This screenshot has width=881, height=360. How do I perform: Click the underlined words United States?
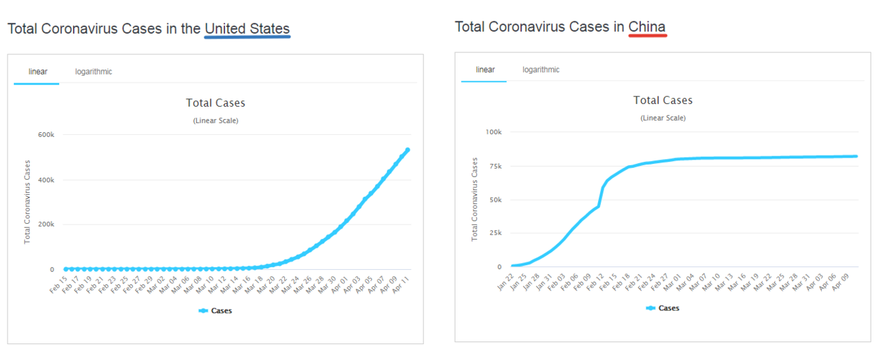pyautogui.click(x=247, y=29)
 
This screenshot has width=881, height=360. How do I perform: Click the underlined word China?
pyautogui.click(x=647, y=27)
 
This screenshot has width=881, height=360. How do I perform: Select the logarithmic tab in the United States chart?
pyautogui.click(x=94, y=72)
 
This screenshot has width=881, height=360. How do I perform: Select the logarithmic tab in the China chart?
pyautogui.click(x=541, y=70)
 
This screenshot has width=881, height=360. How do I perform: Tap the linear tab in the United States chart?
pyautogui.click(x=38, y=72)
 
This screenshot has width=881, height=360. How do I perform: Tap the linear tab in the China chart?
pyautogui.click(x=485, y=70)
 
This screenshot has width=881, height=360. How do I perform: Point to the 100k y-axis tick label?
pyautogui.click(x=493, y=131)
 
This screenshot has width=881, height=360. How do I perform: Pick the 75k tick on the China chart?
pyautogui.click(x=494, y=166)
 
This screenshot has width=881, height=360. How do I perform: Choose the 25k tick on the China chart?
pyautogui.click(x=494, y=233)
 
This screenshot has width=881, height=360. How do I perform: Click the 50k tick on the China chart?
pyautogui.click(x=494, y=200)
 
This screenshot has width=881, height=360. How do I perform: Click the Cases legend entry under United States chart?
pyautogui.click(x=215, y=310)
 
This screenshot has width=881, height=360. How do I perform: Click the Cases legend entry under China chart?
pyautogui.click(x=663, y=308)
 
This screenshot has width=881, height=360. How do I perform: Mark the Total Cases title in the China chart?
pyautogui.click(x=663, y=100)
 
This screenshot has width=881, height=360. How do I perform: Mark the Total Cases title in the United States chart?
pyautogui.click(x=215, y=103)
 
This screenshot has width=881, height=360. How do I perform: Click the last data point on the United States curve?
pyautogui.click(x=407, y=149)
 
